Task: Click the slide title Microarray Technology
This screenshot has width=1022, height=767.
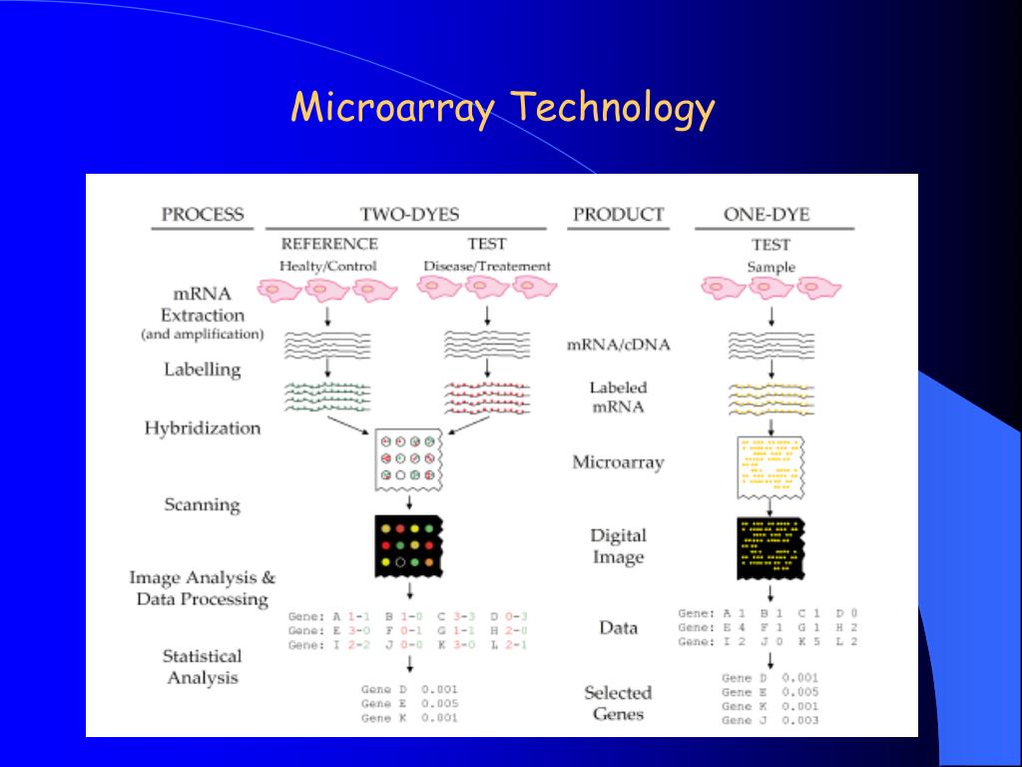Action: (x=503, y=108)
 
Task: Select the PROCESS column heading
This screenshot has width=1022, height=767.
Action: (x=203, y=214)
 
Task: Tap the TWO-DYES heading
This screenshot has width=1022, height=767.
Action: (x=409, y=214)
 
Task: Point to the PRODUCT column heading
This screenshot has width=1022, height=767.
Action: (x=618, y=214)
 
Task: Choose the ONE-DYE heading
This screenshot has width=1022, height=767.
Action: (x=766, y=214)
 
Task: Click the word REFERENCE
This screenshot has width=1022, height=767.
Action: (x=329, y=244)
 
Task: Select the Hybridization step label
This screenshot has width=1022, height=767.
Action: (x=203, y=428)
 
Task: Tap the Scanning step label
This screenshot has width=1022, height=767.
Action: (x=203, y=504)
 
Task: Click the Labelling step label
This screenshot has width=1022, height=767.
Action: (x=203, y=370)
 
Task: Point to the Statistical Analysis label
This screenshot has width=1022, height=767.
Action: (x=203, y=666)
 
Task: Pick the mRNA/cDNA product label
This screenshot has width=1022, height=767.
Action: (x=618, y=346)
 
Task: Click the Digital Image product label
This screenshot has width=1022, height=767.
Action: (x=618, y=546)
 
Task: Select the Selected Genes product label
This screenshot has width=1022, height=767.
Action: (x=618, y=703)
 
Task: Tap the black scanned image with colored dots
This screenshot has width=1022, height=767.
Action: (x=408, y=546)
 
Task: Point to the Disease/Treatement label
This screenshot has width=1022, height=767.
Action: (x=487, y=267)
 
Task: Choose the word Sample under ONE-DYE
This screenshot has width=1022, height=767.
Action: (x=770, y=267)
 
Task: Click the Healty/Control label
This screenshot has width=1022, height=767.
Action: (x=329, y=267)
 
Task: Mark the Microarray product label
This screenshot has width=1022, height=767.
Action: (x=618, y=462)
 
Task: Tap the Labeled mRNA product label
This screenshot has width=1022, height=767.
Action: (x=618, y=396)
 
